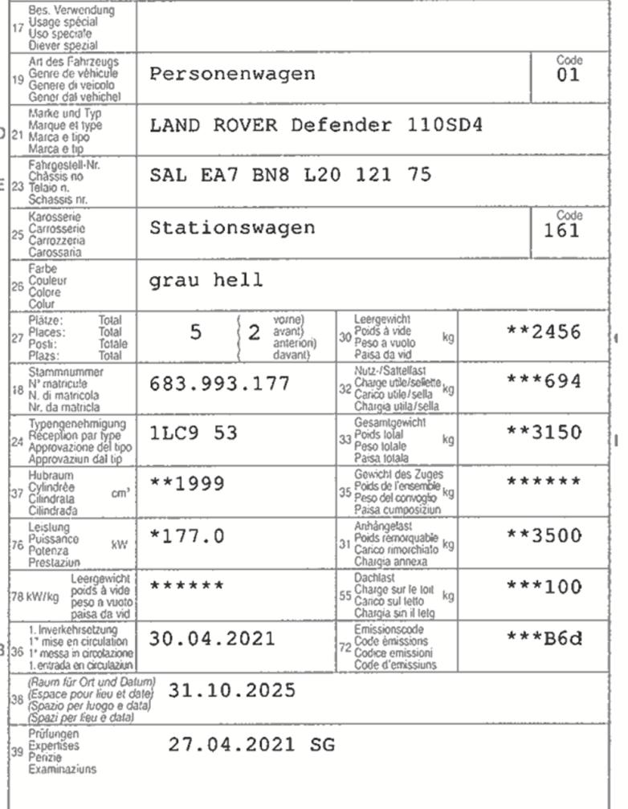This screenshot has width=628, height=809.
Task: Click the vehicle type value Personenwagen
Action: click(232, 75)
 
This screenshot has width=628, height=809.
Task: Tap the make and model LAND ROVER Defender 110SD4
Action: click(316, 126)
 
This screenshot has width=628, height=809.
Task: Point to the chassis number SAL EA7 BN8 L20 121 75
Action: click(291, 176)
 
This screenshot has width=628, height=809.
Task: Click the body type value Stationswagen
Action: click(232, 228)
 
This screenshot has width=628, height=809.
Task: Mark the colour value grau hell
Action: click(206, 280)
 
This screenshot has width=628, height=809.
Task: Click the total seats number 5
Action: click(195, 332)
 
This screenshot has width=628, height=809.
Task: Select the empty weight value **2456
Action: click(544, 332)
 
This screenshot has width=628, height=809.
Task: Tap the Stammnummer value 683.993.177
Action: click(219, 384)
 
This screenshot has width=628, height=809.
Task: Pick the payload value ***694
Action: click(544, 382)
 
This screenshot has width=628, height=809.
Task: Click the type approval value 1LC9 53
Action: click(194, 433)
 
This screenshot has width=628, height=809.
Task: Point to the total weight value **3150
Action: click(544, 433)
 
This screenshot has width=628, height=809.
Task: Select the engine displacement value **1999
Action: click(187, 484)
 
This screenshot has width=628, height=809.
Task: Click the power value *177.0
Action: click(187, 535)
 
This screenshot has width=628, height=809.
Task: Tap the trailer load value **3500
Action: click(544, 535)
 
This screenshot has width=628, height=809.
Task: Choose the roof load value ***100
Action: click(544, 587)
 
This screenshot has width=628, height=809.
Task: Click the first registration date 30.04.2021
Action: click(212, 640)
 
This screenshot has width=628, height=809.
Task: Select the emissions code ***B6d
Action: click(544, 639)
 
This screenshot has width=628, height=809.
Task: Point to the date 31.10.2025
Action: click(231, 691)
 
